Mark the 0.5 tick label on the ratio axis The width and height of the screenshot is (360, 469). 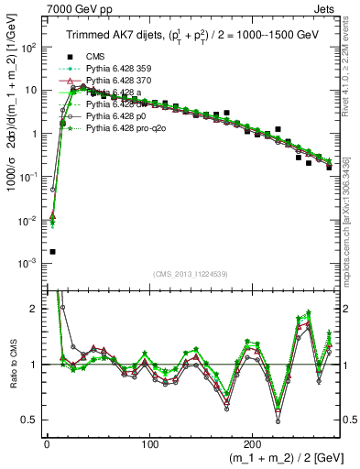point(30,420)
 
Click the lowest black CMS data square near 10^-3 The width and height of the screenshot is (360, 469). point(52,251)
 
